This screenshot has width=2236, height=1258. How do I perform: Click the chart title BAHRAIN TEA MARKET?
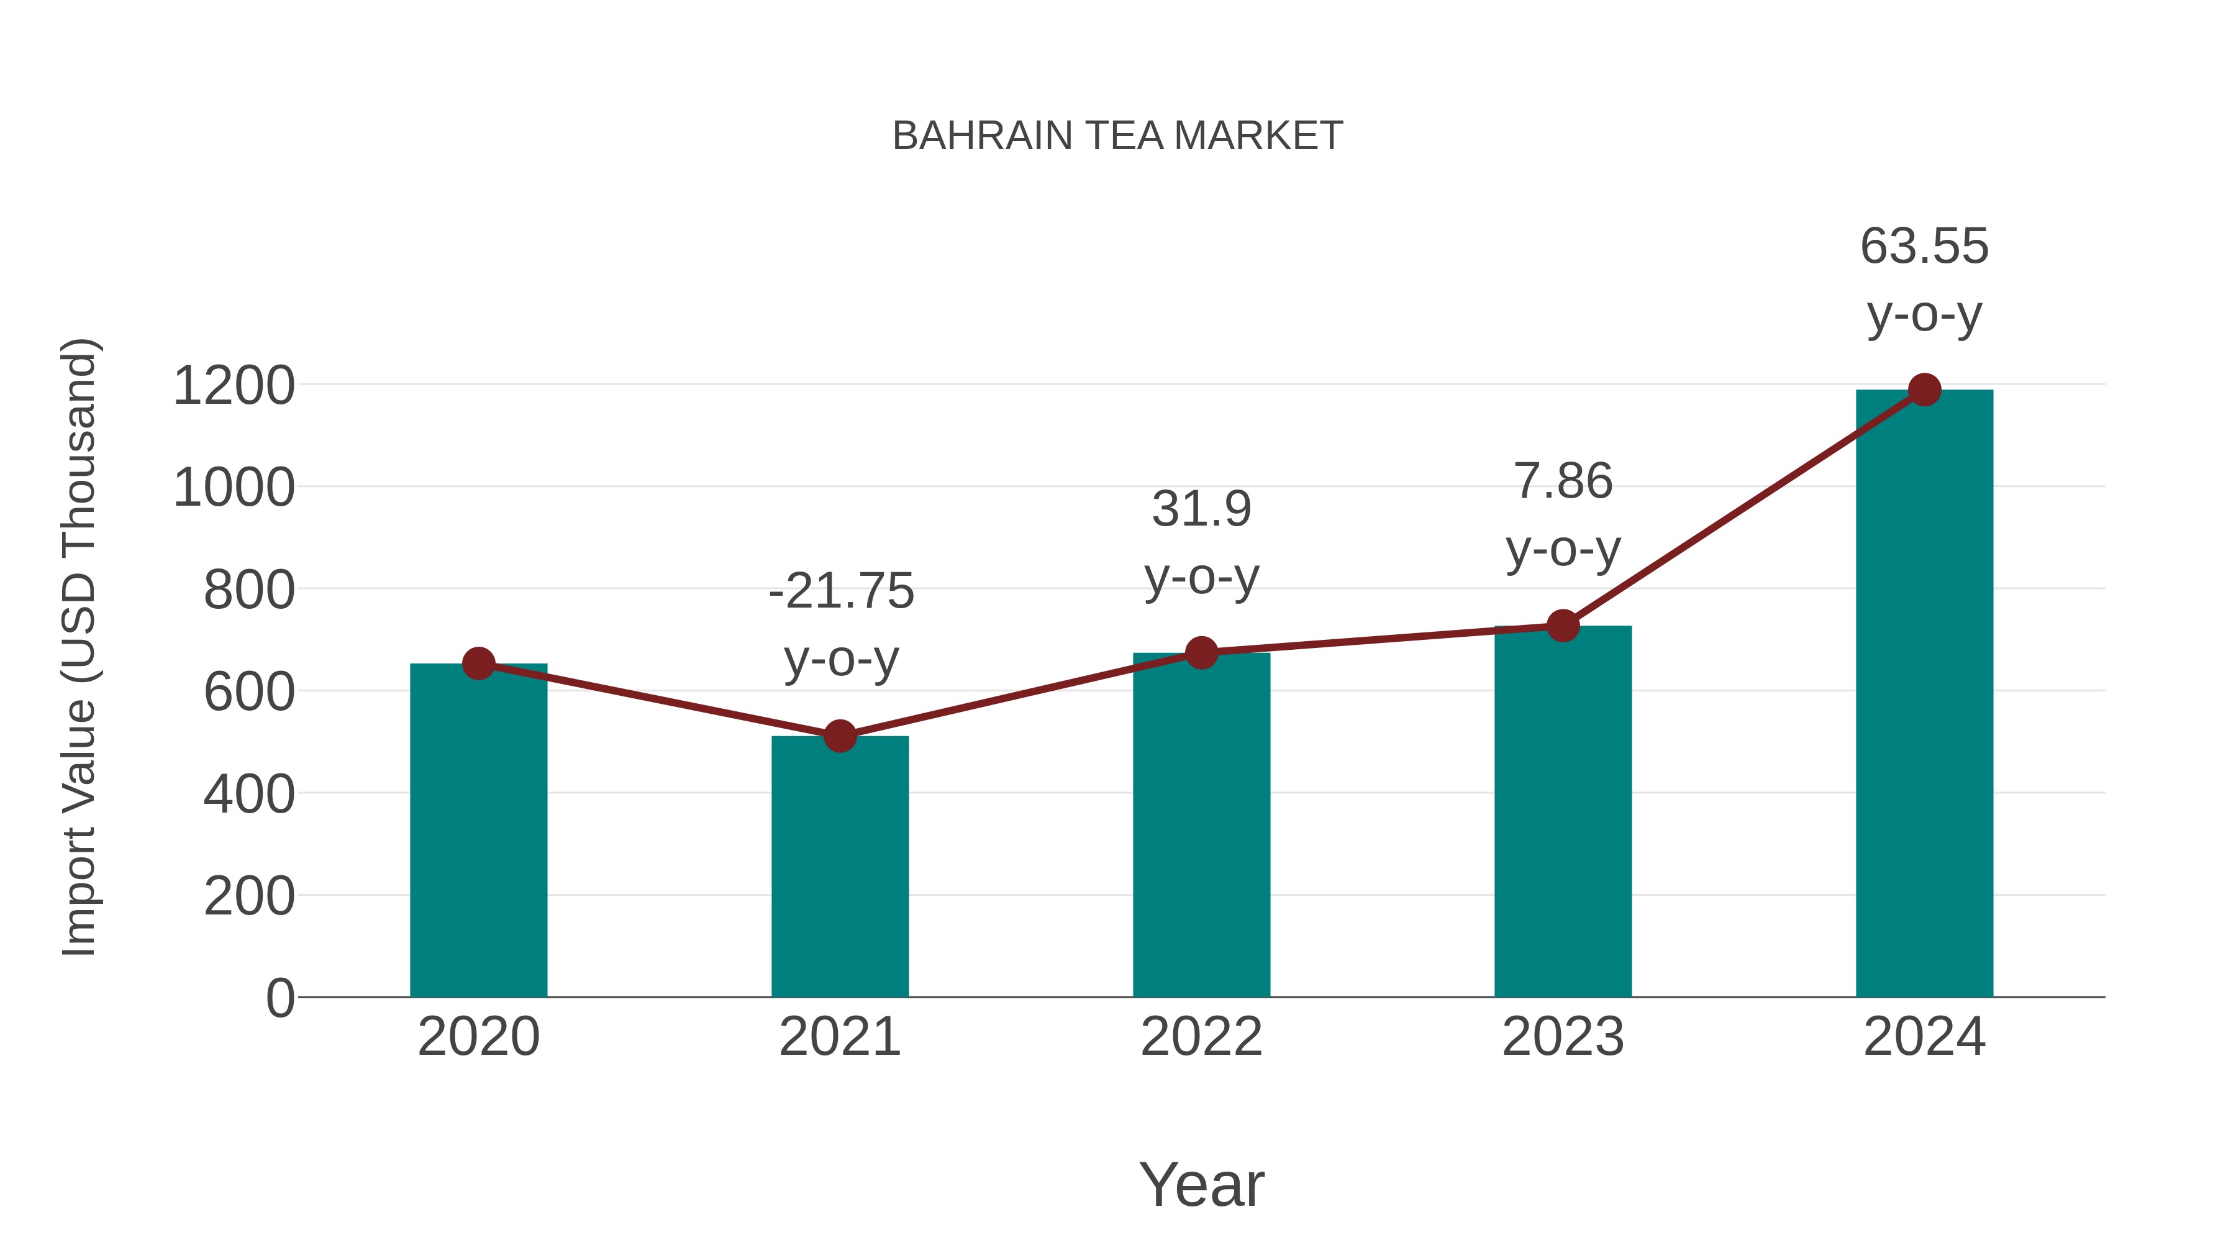click(x=1117, y=136)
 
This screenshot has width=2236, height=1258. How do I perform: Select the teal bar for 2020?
click(x=478, y=834)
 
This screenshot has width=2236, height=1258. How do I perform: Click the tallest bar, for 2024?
click(x=1924, y=695)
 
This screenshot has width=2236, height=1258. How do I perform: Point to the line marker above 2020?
click(x=478, y=664)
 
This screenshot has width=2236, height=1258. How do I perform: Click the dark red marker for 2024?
click(x=1924, y=390)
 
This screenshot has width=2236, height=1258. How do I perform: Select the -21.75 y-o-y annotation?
click(x=841, y=625)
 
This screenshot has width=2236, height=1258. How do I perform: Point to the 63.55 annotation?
click(x=1924, y=280)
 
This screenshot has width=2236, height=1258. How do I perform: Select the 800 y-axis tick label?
click(x=249, y=590)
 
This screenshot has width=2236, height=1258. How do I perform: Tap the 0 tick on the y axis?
click(x=280, y=998)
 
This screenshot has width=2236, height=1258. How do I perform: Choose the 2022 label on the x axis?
click(x=1201, y=1037)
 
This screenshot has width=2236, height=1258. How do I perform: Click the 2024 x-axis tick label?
click(x=1924, y=1037)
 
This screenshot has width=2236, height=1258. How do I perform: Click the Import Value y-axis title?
click(x=79, y=647)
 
